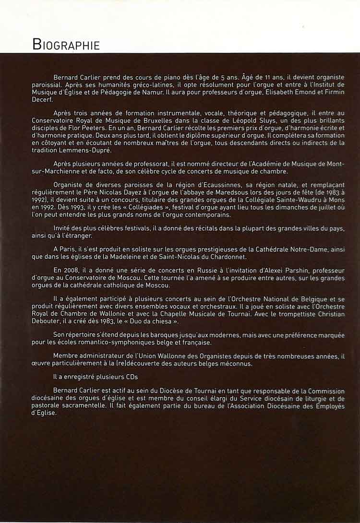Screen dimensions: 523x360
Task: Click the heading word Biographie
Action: coord(66,45)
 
